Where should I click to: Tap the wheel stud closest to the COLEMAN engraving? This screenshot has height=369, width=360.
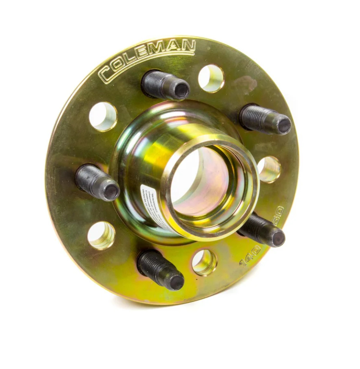(165, 85)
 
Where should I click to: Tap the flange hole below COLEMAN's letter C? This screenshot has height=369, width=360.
(103, 116)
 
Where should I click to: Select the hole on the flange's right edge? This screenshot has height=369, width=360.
(269, 169)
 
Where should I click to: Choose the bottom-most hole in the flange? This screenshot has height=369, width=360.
(205, 262)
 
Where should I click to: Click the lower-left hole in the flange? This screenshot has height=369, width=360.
(101, 235)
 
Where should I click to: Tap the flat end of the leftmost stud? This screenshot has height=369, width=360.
(111, 192)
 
